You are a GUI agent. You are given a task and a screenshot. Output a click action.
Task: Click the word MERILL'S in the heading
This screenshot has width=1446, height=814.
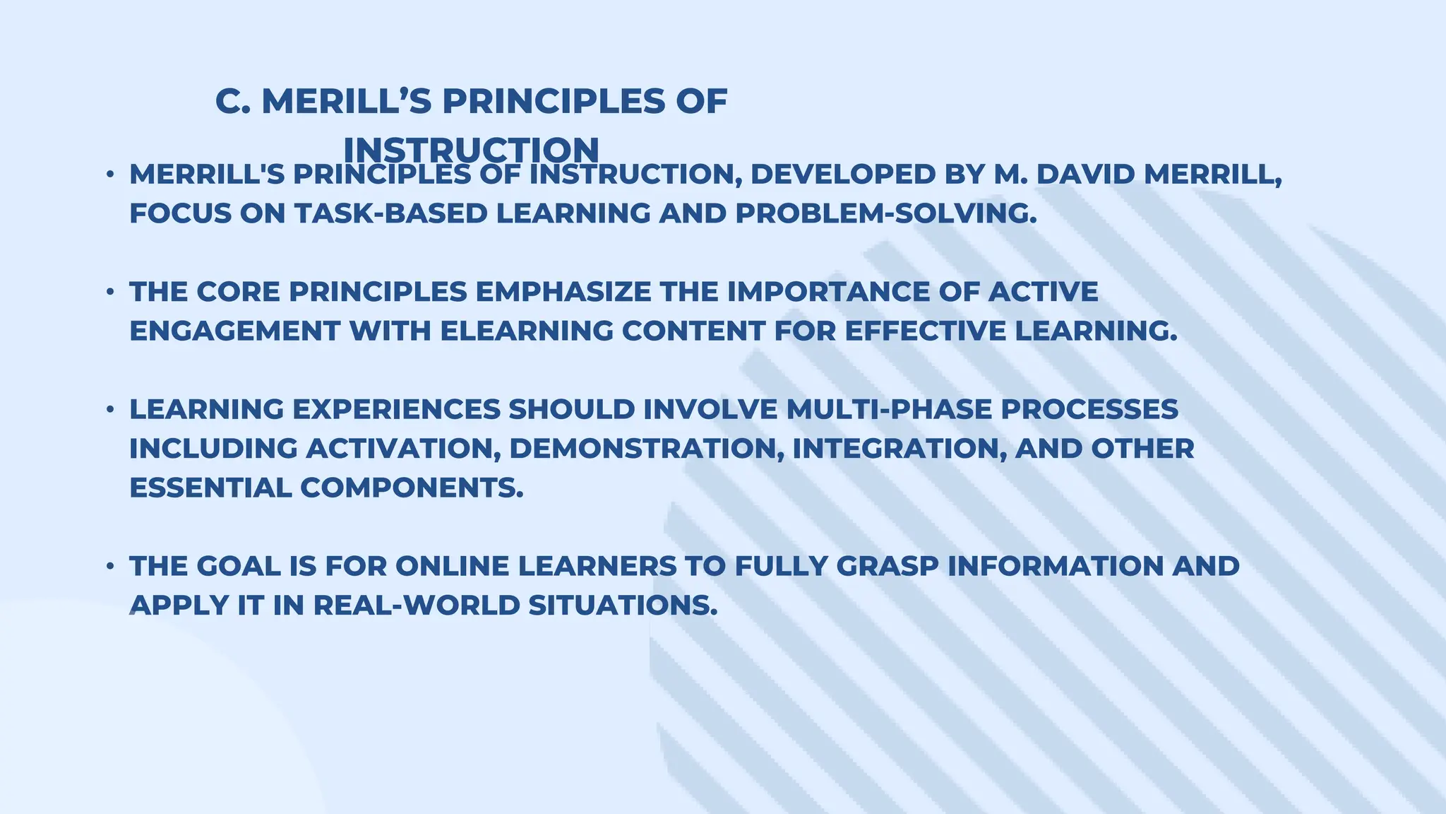pyautogui.click(x=347, y=102)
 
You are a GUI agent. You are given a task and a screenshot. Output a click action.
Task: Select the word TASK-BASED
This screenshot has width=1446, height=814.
pyautogui.click(x=391, y=213)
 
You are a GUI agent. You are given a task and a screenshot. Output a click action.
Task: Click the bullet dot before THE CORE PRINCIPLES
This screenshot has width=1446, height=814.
pyautogui.click(x=110, y=292)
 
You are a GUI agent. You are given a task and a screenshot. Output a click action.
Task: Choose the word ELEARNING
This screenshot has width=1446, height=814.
pyautogui.click(x=527, y=331)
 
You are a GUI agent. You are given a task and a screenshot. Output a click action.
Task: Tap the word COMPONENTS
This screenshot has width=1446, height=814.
pyautogui.click(x=412, y=488)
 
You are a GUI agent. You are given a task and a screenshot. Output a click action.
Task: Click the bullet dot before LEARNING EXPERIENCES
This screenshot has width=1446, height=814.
pyautogui.click(x=110, y=409)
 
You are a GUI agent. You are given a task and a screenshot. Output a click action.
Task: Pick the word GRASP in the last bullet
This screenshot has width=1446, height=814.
pyautogui.click(x=886, y=566)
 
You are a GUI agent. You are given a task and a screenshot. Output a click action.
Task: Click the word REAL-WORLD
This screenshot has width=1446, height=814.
pyautogui.click(x=417, y=606)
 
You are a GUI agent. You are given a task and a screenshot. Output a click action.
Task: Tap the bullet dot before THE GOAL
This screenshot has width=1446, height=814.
pyautogui.click(x=110, y=566)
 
